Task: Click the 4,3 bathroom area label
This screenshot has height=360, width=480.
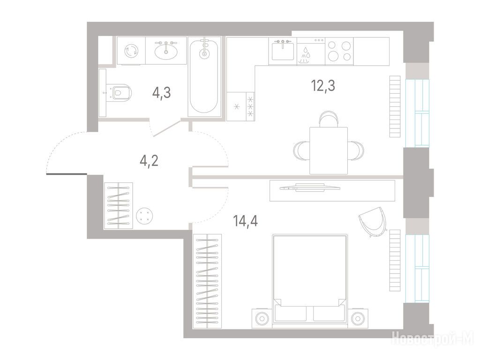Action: [161, 93]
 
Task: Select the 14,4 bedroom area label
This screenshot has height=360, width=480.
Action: [246, 221]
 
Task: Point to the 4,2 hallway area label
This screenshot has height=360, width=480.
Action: [149, 160]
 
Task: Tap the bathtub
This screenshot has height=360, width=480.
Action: [204, 76]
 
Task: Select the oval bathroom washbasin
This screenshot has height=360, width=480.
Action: [166, 51]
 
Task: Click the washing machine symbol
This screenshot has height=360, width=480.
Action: [131, 51]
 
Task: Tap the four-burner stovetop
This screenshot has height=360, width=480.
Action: [339, 51]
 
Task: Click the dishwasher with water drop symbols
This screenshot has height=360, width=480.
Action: [311, 52]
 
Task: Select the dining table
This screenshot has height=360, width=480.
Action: [329, 150]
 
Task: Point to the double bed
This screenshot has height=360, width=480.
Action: [310, 278]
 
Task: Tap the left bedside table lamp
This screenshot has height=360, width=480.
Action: [262, 318]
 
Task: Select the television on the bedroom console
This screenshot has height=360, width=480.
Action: [310, 187]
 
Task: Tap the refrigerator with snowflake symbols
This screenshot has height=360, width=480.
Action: [240, 106]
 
